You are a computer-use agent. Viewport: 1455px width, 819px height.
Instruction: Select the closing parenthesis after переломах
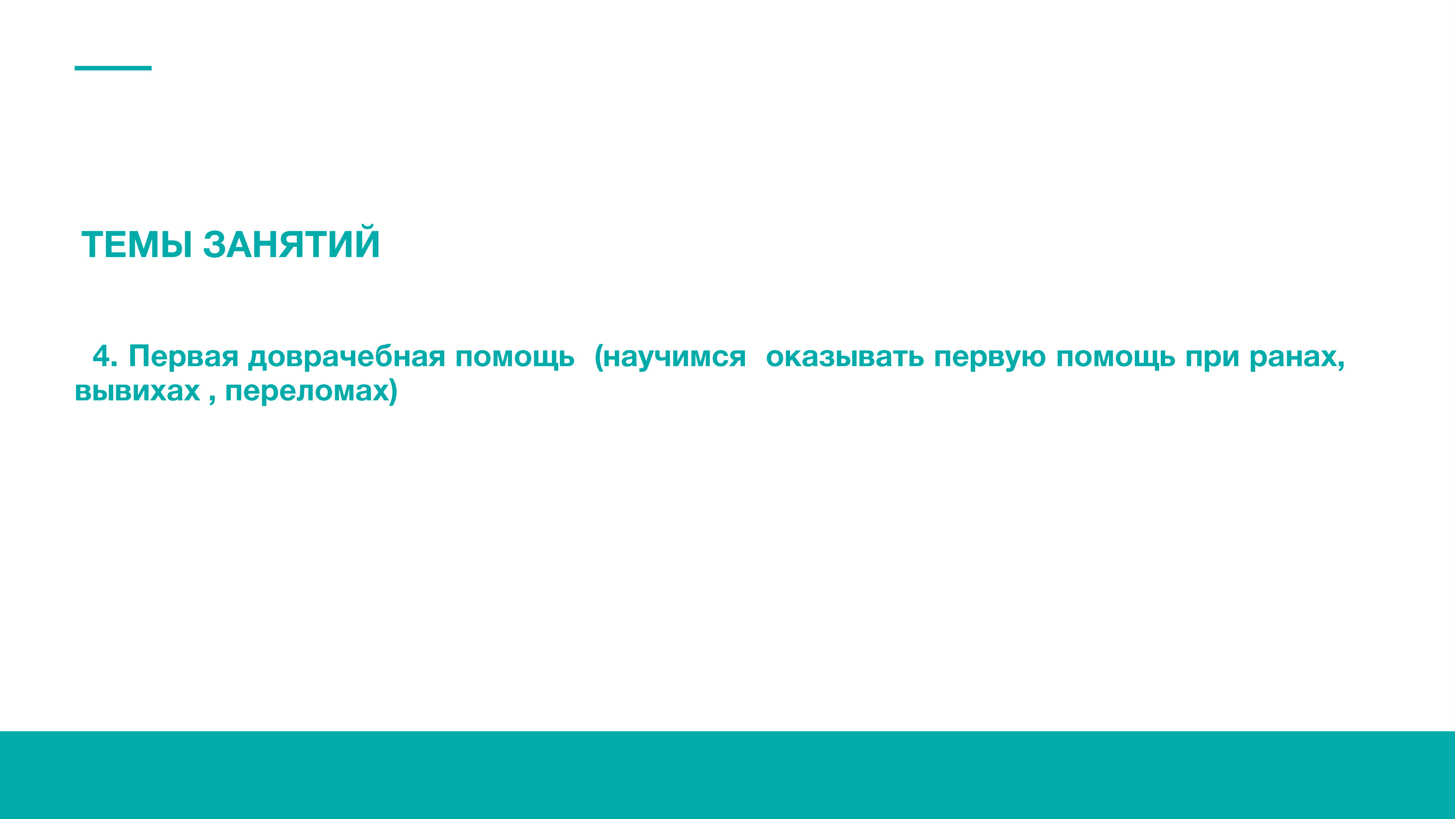coord(393,392)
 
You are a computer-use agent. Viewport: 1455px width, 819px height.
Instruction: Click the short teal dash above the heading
coord(113,68)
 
